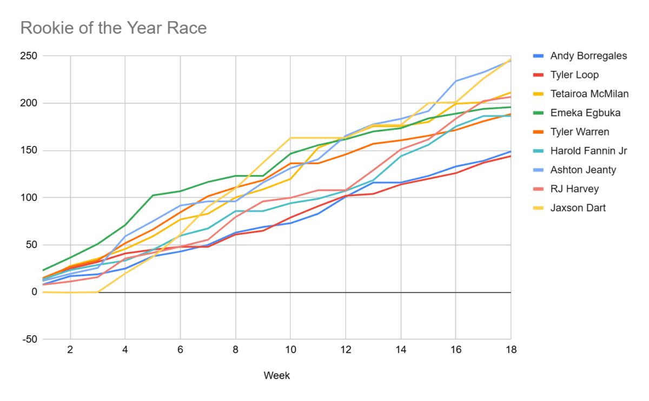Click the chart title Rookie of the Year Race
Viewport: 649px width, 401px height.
pos(114,28)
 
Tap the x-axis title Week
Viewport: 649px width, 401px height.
pos(276,375)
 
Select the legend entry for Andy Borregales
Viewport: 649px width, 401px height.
pos(588,56)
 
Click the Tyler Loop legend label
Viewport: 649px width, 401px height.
pos(574,75)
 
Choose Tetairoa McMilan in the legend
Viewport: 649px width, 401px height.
pos(590,93)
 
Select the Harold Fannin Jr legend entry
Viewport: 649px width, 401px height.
pos(588,151)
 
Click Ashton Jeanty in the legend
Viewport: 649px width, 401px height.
pos(583,170)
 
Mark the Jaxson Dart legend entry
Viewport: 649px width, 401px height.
pos(578,208)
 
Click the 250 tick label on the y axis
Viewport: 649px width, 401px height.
pos(29,56)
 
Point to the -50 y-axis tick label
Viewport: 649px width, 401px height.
pos(29,339)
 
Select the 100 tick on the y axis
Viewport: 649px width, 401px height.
pos(29,198)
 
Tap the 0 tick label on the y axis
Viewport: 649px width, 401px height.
pos(34,292)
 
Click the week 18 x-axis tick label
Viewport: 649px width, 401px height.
pos(511,350)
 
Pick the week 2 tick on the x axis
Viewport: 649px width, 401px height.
pos(70,350)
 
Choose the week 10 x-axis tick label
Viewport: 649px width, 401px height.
pos(290,350)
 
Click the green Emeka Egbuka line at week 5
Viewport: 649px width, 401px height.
pos(153,195)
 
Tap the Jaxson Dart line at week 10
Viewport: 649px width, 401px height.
pos(290,138)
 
